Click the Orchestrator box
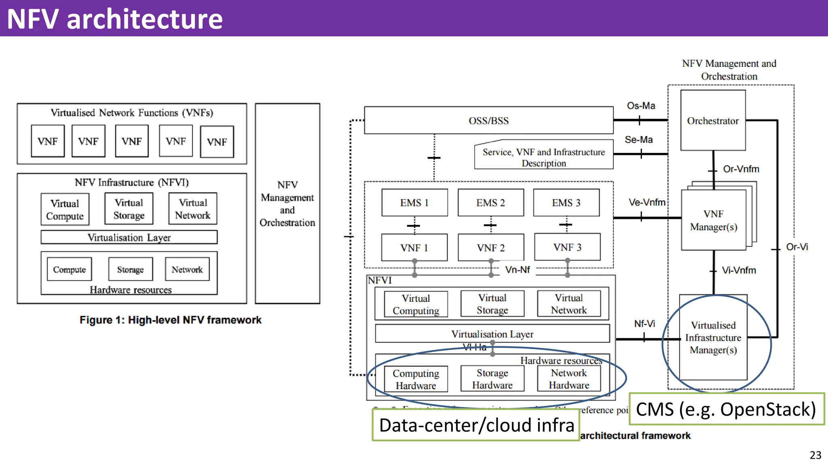[x=713, y=121]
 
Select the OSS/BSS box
[x=488, y=121]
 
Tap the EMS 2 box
[x=490, y=203]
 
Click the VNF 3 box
[x=567, y=247]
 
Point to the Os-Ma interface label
[x=641, y=106]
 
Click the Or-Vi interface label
[x=797, y=247]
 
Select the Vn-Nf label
[x=517, y=270]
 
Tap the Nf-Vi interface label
[x=644, y=324]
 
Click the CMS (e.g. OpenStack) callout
[x=726, y=409]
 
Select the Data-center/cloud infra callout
[x=476, y=425]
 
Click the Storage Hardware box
[x=492, y=379]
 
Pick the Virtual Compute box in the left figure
[x=65, y=210]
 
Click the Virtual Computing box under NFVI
[x=416, y=304]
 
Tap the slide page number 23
[x=815, y=455]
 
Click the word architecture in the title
[x=144, y=19]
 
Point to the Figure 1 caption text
[x=170, y=320]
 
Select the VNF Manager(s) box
[x=713, y=220]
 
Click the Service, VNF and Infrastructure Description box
[x=543, y=157]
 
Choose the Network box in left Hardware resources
[x=187, y=269]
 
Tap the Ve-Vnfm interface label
[x=647, y=202]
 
